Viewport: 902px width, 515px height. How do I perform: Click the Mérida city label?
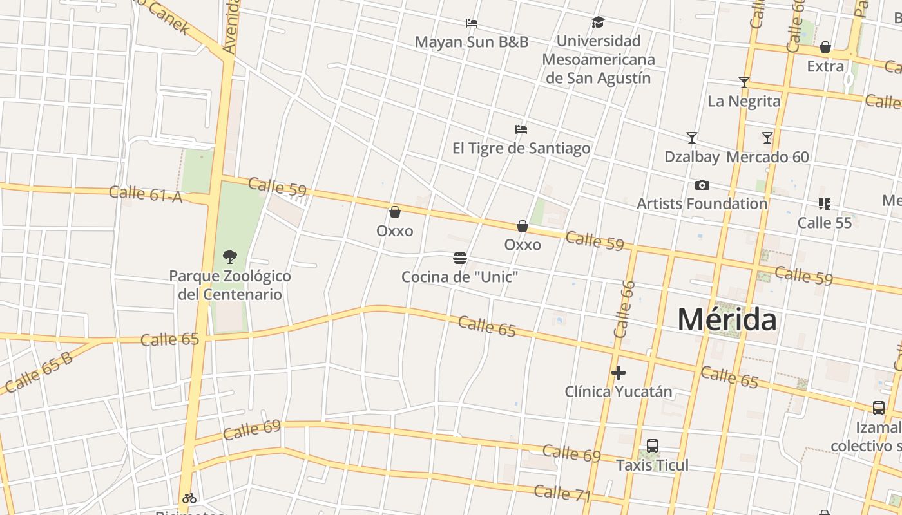727,320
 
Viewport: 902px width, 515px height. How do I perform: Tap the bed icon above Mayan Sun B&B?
472,23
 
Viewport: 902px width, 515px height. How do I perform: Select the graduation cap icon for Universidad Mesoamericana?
598,23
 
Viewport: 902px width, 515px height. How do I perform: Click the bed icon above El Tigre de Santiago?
521,129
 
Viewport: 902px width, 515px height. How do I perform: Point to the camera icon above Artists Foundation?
702,185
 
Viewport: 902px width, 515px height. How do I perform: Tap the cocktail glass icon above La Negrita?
744,82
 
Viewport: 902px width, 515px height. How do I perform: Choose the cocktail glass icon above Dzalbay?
692,138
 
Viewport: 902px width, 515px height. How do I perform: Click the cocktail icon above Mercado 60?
767,138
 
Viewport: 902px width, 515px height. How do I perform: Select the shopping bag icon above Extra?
825,48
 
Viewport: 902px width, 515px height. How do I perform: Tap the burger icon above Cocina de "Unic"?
460,258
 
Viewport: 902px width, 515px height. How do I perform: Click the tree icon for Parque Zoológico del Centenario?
229,257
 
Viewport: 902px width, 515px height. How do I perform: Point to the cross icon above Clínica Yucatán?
619,373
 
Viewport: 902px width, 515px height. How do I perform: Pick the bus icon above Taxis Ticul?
652,446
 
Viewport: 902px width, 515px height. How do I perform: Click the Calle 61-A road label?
146,193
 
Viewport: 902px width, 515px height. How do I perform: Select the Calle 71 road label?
562,493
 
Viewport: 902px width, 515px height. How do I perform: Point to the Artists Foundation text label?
702,204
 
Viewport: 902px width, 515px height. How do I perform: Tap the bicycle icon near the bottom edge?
189,498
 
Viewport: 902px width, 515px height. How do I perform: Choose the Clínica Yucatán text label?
619,391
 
